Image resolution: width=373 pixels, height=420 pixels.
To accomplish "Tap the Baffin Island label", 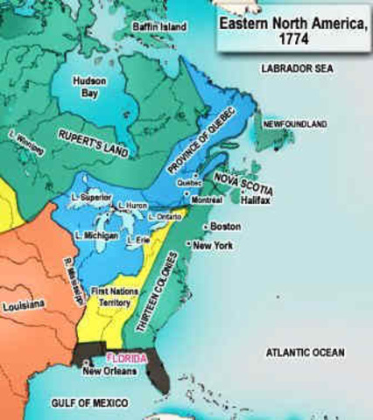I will point(160,27).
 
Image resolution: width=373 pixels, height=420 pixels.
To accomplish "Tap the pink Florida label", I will point(126,359).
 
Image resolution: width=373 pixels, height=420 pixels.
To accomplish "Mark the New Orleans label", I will point(110,372).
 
